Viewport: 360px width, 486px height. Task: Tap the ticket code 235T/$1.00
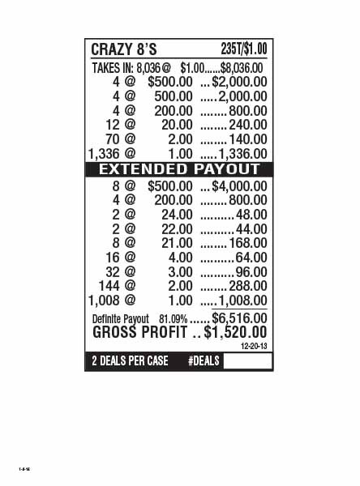243,49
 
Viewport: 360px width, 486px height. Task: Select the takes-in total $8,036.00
242,68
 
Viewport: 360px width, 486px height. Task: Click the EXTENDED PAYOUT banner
179,169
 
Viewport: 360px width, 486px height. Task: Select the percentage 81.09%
173,319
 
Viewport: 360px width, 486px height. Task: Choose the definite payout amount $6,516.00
239,318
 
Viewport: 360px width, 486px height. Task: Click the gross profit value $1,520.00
235,332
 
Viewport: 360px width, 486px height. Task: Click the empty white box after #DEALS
246,360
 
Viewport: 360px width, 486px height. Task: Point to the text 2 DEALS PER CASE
130,360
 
